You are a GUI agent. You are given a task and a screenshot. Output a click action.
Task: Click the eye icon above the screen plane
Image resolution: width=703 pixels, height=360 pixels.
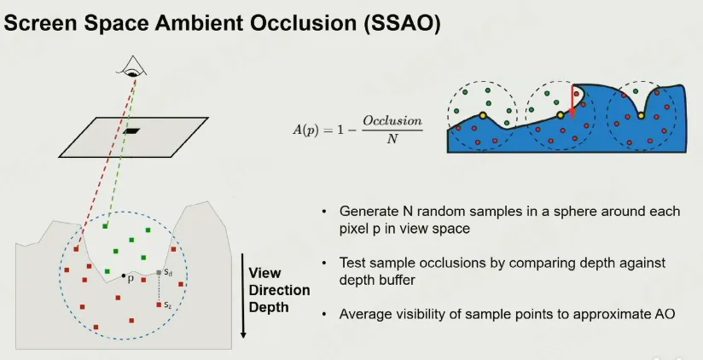pos(131,67)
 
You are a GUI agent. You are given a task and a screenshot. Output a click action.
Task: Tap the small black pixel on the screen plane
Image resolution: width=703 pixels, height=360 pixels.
pos(131,131)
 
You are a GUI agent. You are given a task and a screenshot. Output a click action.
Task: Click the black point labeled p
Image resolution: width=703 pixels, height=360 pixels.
pos(124,276)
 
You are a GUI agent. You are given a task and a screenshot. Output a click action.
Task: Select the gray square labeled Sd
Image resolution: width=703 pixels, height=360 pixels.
pos(159,273)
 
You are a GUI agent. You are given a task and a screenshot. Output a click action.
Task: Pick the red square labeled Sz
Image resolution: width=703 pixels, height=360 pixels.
pos(159,305)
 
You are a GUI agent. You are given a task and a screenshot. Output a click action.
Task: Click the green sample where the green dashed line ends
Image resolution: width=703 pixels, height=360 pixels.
pos(105,226)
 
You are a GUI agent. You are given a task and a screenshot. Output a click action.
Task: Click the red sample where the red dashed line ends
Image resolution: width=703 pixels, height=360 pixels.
pos(76,249)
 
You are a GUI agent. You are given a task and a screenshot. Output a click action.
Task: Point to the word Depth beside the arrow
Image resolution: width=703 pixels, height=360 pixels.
pos(269,308)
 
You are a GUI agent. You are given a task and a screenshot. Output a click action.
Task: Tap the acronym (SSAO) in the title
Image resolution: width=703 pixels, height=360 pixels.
pos(403,23)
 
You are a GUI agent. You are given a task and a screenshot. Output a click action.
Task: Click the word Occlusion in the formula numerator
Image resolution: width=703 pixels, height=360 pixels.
pos(392,121)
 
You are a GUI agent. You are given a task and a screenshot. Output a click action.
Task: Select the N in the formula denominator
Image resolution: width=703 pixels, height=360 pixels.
pos(392,138)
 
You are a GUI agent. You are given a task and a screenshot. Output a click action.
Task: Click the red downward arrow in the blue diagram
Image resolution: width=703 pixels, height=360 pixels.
pos(572,102)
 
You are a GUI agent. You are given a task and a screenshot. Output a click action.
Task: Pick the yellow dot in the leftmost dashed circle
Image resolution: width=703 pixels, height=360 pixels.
pos(482,116)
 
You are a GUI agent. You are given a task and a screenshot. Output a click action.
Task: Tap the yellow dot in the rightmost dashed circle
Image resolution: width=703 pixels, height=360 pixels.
pos(641,116)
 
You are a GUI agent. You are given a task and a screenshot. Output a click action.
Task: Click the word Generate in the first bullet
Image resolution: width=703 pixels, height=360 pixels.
pos(368,212)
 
